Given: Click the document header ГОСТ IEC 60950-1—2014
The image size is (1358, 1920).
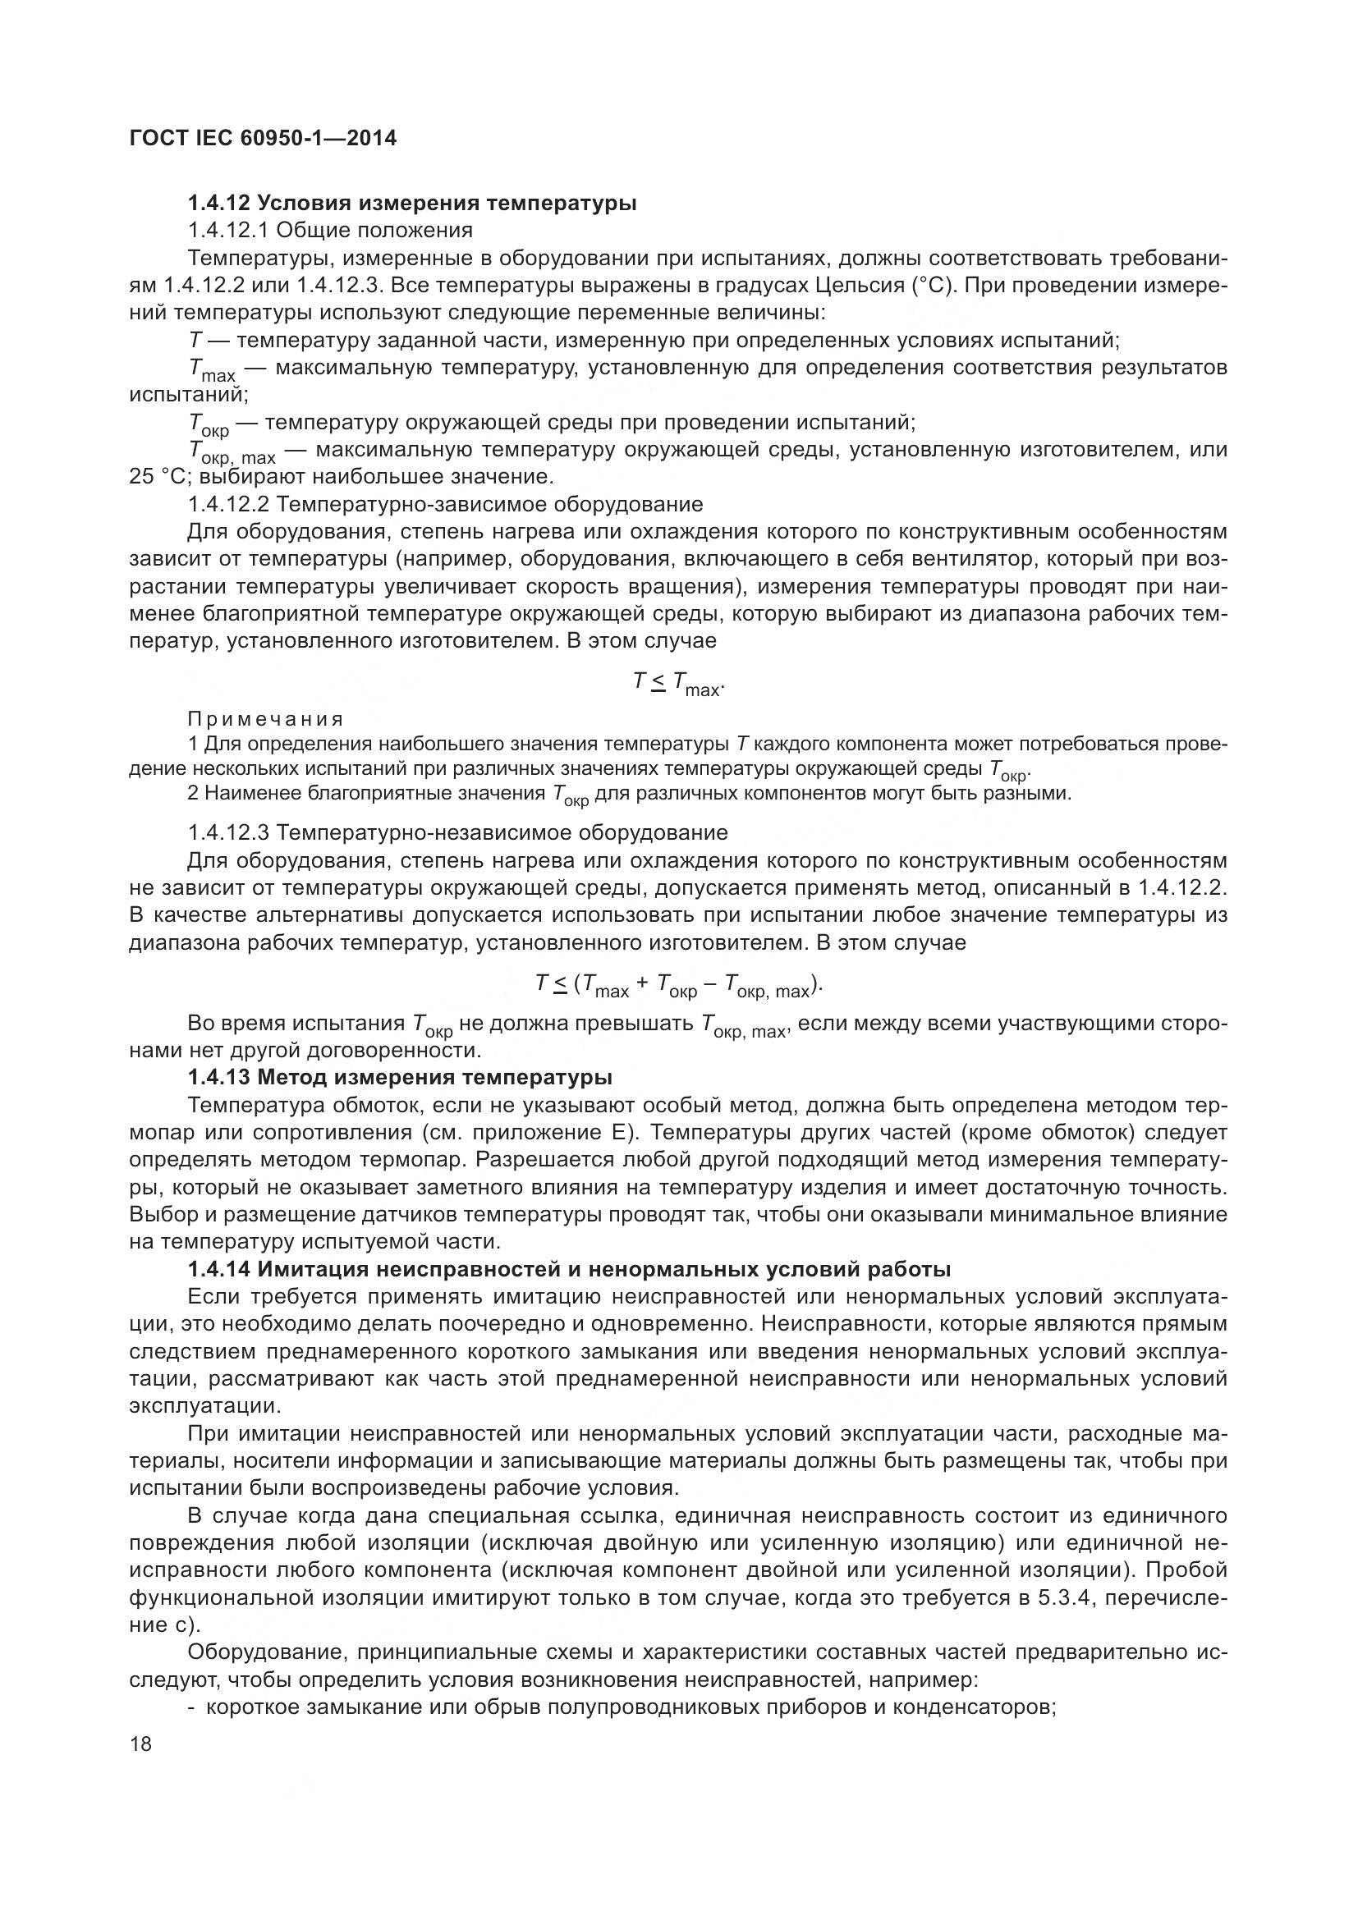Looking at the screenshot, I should tap(264, 138).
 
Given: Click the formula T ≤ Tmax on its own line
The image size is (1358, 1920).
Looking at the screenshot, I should tap(678, 685).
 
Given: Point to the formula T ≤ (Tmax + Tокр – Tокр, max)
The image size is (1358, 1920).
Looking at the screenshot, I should tap(678, 986).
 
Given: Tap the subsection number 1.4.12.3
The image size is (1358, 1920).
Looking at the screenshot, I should tap(228, 833).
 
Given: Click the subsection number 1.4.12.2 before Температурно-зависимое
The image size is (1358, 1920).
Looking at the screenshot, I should tap(228, 504).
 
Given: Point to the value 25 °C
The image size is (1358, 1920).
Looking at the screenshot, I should tap(155, 478).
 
